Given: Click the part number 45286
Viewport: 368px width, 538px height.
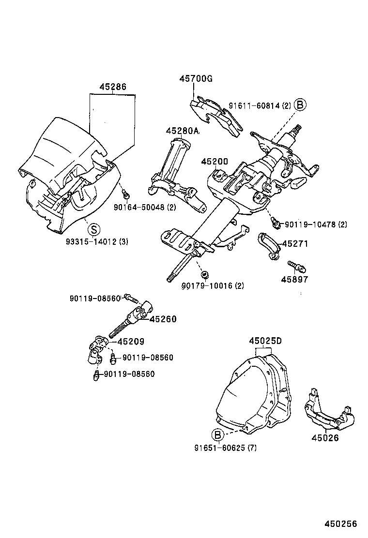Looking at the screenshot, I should [113, 87].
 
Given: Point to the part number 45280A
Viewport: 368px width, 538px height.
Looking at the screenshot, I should [182, 131].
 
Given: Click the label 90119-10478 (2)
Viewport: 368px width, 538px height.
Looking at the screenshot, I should [316, 224].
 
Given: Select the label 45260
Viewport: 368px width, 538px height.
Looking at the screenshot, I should [163, 319].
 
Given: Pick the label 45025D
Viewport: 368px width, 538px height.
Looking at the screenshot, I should [265, 341].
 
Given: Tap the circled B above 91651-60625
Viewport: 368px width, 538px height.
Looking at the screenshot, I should [217, 434].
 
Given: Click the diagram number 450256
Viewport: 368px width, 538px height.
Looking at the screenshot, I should [340, 524].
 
